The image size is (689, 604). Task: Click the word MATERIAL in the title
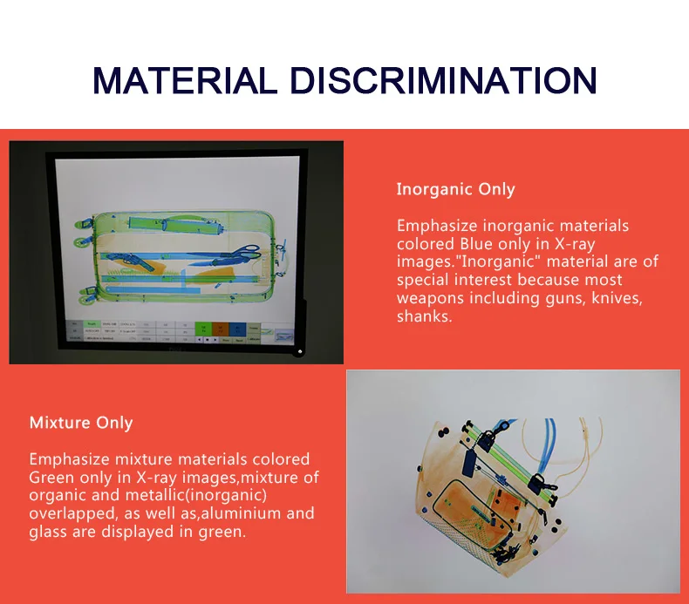tap(187, 79)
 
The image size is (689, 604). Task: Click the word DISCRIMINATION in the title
tap(443, 79)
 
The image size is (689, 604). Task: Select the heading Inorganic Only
tap(455, 189)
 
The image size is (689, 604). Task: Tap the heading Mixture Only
tap(81, 423)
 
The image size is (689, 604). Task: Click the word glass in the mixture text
tap(48, 532)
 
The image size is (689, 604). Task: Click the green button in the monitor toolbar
tap(203, 329)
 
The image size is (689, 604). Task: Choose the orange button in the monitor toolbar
tap(221, 329)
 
